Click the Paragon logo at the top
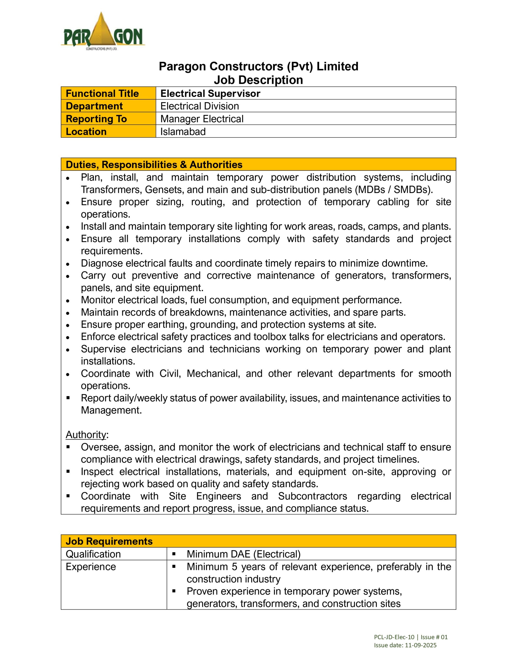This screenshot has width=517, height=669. [x=103, y=32]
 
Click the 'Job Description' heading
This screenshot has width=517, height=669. [x=258, y=80]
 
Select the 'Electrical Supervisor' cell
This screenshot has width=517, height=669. [x=210, y=94]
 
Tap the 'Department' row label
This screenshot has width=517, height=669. [x=94, y=106]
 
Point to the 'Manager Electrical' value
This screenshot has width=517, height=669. [x=202, y=119]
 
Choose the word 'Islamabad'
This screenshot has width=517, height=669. [x=183, y=132]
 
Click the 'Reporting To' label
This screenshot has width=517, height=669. [x=96, y=119]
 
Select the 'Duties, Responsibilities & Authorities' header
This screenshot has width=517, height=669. [x=154, y=164]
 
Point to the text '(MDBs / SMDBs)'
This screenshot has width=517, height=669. [x=393, y=190]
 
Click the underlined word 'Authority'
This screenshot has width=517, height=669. [x=86, y=435]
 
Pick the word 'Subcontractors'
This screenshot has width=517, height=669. [x=312, y=496]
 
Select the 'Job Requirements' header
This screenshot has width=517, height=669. [x=109, y=541]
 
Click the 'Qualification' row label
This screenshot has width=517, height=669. [x=93, y=554]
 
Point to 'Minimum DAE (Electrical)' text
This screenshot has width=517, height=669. [x=243, y=554]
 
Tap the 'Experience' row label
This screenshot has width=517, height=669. [x=91, y=567]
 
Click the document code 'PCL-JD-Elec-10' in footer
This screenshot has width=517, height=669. [x=394, y=637]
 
